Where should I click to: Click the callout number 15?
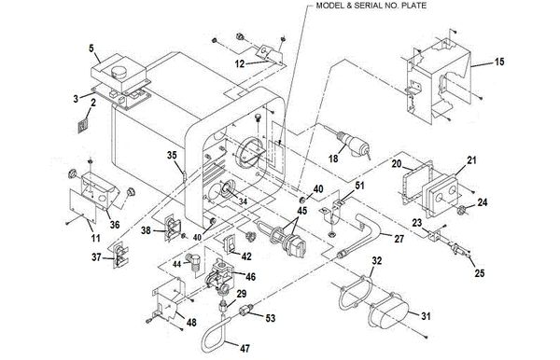[499, 63]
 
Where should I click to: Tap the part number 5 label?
[91, 47]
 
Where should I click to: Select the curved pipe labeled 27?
[370, 234]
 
